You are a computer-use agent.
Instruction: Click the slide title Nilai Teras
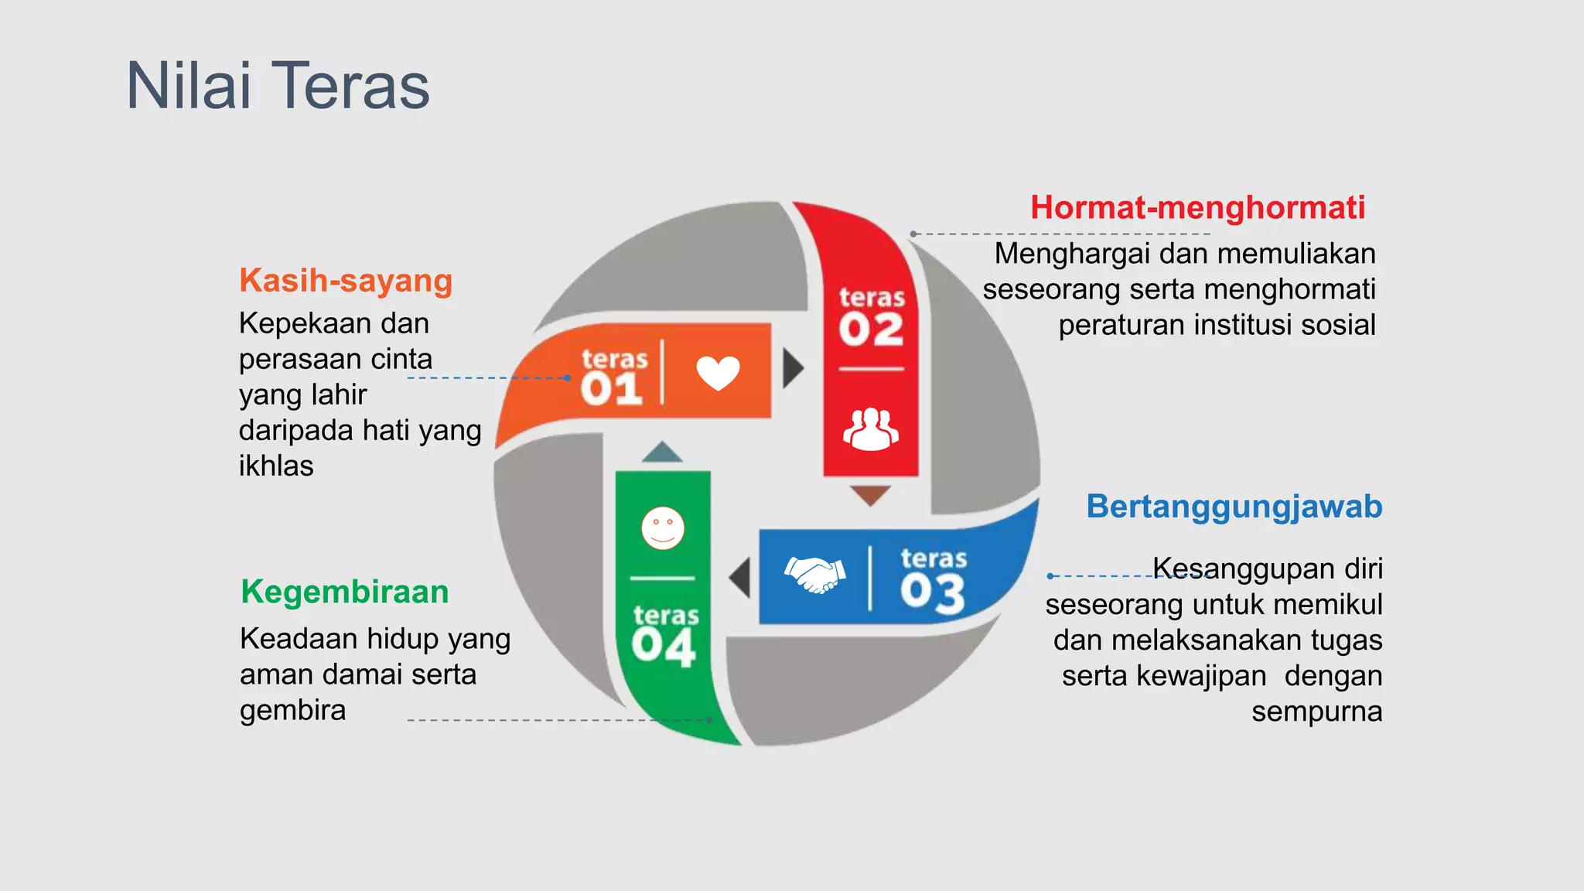pos(278,86)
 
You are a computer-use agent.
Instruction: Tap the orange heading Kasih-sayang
pos(346,281)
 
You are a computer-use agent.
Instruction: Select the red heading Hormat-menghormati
pos(1197,208)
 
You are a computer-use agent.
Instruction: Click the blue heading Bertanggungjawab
pos(1234,507)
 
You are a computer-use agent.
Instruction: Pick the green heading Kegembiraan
pos(344,592)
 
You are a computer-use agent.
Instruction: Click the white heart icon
pos(718,373)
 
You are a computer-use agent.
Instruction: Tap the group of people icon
pos(871,429)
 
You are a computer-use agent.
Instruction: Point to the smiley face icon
pos(663,528)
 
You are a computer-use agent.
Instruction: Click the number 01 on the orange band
pos(612,389)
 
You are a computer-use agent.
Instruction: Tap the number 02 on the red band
pos(871,330)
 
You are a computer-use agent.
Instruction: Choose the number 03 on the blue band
pos(933,593)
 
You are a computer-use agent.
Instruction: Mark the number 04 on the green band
pos(664,647)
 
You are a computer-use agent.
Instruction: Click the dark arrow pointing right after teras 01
pos(793,368)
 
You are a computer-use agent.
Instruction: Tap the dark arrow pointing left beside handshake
pos(741,578)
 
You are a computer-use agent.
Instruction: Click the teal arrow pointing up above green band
pos(662,452)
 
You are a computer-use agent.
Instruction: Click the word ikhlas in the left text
pos(276,466)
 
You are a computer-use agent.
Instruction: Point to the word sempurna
pos(1316,712)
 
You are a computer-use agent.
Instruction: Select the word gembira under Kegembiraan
pos(292,710)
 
